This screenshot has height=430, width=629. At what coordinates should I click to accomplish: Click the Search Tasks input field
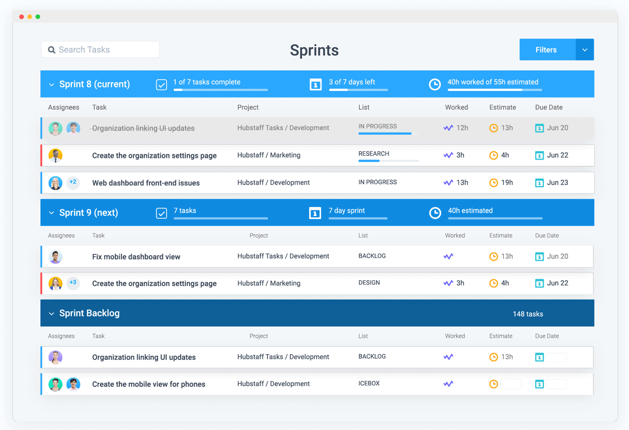(x=100, y=50)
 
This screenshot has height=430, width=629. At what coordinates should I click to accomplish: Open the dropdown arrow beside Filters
(x=584, y=50)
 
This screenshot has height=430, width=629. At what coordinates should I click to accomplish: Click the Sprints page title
(x=314, y=50)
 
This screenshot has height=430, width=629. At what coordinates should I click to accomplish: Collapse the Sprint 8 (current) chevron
(x=52, y=85)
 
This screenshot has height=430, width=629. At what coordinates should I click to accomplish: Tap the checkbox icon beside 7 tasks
(x=161, y=214)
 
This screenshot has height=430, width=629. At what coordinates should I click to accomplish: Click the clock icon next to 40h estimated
(x=435, y=213)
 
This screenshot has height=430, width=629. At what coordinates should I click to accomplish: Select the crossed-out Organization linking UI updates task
(x=143, y=128)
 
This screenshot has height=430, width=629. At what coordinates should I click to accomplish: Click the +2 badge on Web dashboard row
(x=73, y=182)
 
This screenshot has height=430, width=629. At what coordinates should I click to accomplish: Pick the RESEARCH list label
(x=373, y=154)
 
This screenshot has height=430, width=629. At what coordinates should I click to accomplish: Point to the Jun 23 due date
(x=557, y=183)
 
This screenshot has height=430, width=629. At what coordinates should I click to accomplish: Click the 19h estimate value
(x=507, y=183)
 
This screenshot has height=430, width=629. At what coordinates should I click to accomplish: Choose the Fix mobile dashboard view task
(x=136, y=257)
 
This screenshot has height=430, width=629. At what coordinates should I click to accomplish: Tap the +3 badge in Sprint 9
(x=73, y=282)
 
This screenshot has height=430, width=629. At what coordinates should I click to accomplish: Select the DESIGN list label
(x=369, y=283)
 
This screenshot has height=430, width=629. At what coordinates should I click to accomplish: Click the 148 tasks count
(x=528, y=314)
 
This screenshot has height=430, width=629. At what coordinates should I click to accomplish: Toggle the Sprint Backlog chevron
(x=52, y=314)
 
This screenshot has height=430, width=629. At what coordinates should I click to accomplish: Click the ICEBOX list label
(x=369, y=384)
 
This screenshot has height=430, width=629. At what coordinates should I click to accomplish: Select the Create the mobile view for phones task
(x=149, y=384)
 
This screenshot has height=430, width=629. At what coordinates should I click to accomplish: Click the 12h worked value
(x=462, y=128)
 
